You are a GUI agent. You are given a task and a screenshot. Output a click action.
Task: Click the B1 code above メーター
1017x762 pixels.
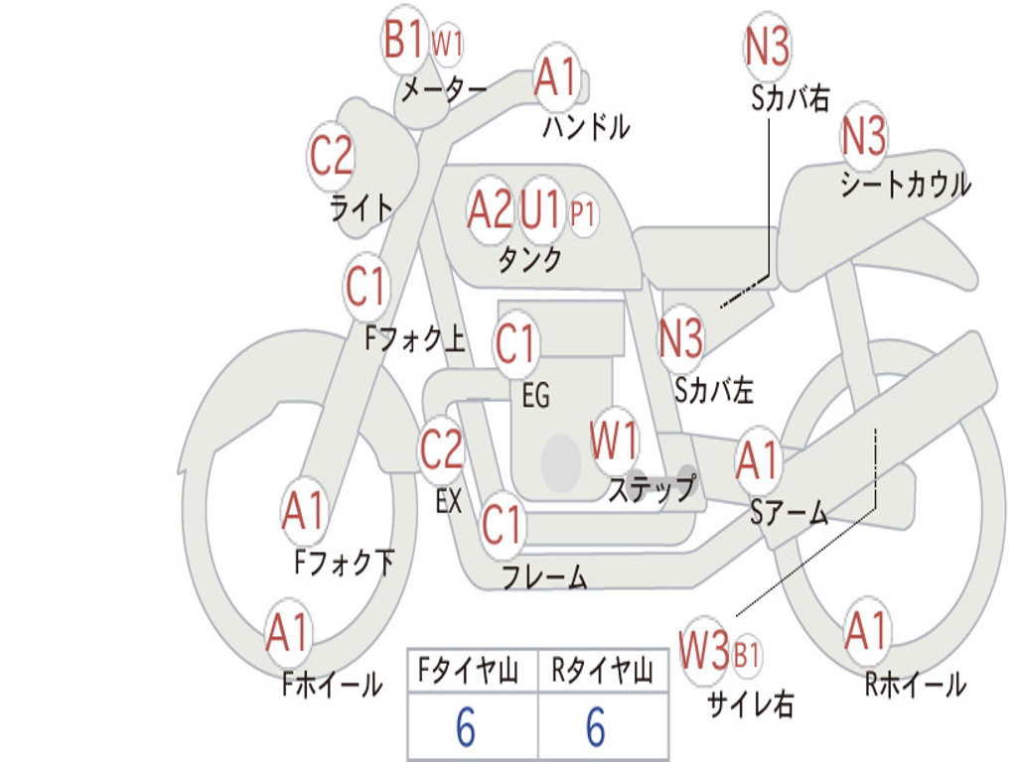(403, 39)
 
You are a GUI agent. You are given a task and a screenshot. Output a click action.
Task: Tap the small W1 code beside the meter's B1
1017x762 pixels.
(447, 44)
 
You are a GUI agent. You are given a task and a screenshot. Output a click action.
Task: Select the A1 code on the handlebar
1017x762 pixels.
(556, 76)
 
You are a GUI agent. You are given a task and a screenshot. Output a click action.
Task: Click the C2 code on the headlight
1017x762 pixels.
(331, 156)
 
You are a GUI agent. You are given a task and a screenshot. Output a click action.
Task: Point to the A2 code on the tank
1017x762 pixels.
(490, 209)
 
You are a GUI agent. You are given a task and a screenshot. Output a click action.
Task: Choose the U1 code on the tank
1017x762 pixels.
(539, 209)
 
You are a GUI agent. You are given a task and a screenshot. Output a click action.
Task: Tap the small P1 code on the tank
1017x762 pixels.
(582, 214)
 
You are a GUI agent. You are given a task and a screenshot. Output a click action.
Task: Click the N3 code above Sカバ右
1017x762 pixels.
(767, 46)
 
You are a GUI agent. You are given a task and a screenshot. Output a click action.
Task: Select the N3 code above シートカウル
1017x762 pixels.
(863, 135)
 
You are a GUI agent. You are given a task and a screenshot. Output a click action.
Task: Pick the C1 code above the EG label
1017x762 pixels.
(515, 342)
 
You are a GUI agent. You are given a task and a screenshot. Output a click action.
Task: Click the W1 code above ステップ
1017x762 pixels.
(613, 440)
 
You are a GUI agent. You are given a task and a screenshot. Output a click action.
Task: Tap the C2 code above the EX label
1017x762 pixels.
(441, 449)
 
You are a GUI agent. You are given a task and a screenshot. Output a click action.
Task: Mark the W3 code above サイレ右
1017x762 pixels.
(704, 650)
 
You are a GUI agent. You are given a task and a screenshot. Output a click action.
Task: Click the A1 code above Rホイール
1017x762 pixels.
(865, 630)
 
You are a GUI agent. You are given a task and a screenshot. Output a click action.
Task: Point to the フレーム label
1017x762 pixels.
(545, 576)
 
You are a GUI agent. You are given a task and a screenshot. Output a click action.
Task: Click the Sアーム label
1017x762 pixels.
(790, 513)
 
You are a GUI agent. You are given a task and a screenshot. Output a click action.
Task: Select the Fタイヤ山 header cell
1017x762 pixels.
(469, 670)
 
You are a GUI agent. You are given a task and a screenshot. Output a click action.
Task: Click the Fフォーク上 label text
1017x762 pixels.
(415, 337)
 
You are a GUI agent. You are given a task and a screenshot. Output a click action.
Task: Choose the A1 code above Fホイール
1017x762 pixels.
(286, 632)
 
